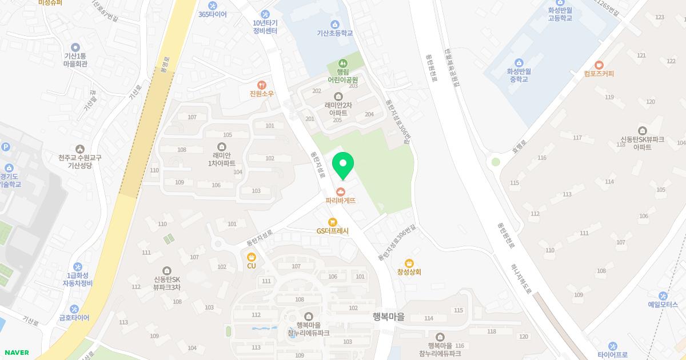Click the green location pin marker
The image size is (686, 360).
(x=343, y=165)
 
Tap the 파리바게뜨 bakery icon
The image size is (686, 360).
(x=341, y=191)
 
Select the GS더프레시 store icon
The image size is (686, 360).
(x=332, y=222)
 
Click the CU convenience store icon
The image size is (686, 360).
(x=252, y=257)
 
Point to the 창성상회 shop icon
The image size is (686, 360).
(x=409, y=263)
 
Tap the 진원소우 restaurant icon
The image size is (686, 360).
(x=262, y=85)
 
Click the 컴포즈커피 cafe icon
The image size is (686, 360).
(x=599, y=65)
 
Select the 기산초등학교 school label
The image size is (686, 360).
(x=334, y=33)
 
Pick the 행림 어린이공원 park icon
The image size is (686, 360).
(x=342, y=62)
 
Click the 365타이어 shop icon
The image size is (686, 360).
(x=213, y=5)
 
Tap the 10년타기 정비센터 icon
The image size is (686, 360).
(x=265, y=14)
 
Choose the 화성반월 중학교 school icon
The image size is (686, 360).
(x=519, y=63)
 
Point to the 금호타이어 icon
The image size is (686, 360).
(x=74, y=309)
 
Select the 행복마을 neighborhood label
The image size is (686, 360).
(x=388, y=317)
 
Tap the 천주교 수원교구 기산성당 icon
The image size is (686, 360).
(x=79, y=149)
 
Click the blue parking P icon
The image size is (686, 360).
(x=6, y=147)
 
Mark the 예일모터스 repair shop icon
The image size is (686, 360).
(x=663, y=296)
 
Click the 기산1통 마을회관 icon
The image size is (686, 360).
(x=75, y=47)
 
